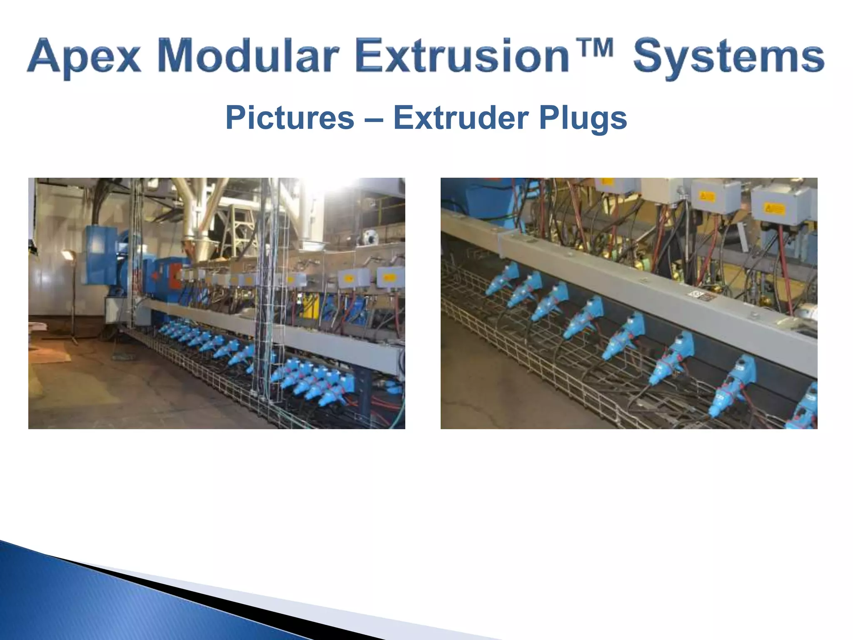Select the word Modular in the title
(x=248, y=56)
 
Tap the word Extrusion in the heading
(x=462, y=56)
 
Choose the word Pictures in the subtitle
(x=289, y=118)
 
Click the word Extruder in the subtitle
(x=461, y=118)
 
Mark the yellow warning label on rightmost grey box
(x=773, y=209)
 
